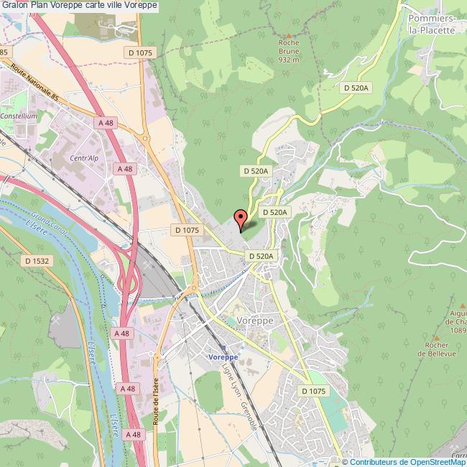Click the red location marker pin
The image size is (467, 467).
[x=241, y=217]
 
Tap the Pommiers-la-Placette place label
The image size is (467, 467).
[x=430, y=24]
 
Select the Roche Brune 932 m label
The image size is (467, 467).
[x=289, y=51]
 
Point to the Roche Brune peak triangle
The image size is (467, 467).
[x=289, y=34]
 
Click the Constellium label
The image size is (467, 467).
[x=19, y=116]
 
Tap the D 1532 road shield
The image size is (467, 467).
[x=34, y=261]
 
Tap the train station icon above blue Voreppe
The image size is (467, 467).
[x=222, y=346]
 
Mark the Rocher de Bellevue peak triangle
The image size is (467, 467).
[x=437, y=337]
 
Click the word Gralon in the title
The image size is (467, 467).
[x=17, y=5]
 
